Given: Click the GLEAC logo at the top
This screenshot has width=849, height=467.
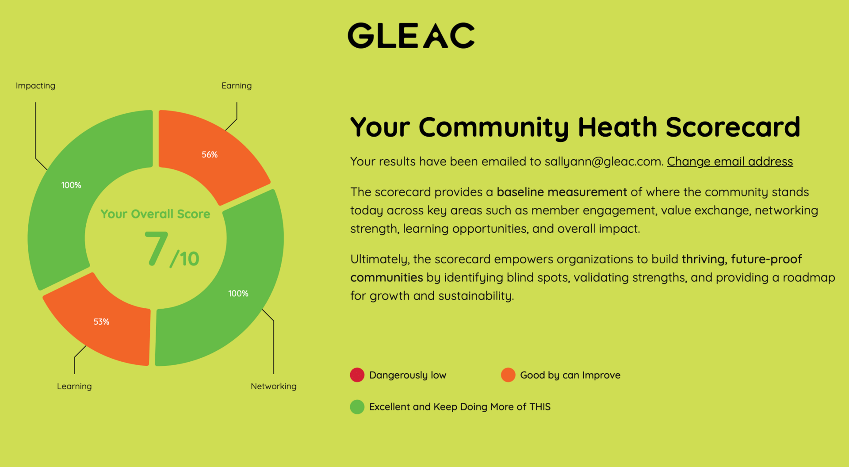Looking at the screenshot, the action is (411, 35).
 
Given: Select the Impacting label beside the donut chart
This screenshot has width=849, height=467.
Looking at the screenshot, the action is (35, 86).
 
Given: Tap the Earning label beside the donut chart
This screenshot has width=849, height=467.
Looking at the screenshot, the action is (237, 86).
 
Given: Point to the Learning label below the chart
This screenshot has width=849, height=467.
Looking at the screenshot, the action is (74, 387).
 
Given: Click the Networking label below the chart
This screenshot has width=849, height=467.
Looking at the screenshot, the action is (274, 387).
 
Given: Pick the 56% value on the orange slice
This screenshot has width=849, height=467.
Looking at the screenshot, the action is (210, 155).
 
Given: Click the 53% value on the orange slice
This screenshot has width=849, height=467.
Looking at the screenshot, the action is (101, 322).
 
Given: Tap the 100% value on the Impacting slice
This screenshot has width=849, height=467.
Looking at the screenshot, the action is (71, 185).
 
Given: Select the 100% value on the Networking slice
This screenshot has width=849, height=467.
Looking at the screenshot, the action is (238, 294).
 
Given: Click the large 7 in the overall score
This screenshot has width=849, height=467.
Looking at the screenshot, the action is (156, 249).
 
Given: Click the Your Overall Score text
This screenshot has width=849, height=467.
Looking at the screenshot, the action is (155, 214).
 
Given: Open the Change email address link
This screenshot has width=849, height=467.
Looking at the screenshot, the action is (730, 162).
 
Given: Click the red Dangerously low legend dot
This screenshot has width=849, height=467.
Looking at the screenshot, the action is (357, 375).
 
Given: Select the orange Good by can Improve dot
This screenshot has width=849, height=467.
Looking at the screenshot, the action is (508, 375).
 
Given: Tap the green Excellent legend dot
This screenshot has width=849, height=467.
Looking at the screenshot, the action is (357, 407).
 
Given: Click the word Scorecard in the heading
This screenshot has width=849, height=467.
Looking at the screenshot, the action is (733, 127).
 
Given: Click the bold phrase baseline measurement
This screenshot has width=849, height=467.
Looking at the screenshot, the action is (562, 192).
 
